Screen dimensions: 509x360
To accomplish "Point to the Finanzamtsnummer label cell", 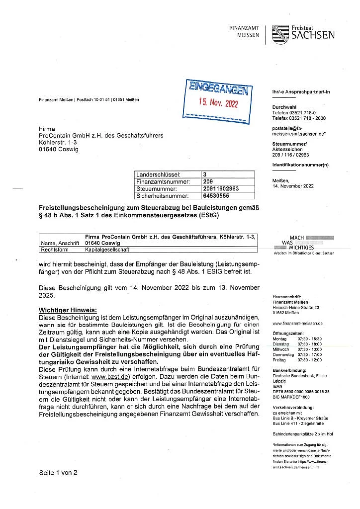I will click(x=160, y=182).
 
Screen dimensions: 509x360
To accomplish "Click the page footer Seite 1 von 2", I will click(x=58, y=473).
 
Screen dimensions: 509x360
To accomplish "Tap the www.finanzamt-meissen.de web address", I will click(x=297, y=323).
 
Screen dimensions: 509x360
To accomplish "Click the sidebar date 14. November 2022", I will click(x=293, y=186).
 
